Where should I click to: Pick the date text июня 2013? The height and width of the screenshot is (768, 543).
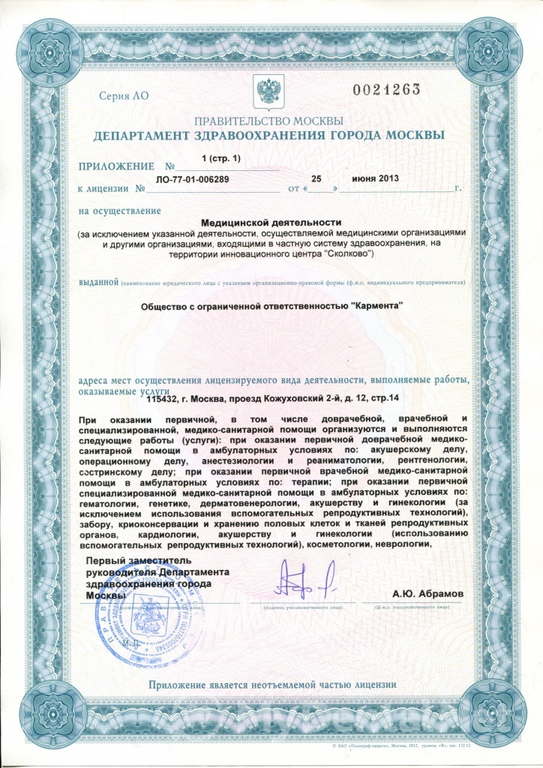pyautogui.click(x=373, y=179)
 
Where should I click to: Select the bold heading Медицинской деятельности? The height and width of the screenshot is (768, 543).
pyautogui.click(x=271, y=222)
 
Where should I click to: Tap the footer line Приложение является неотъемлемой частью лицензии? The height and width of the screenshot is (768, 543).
pyautogui.click(x=271, y=683)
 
